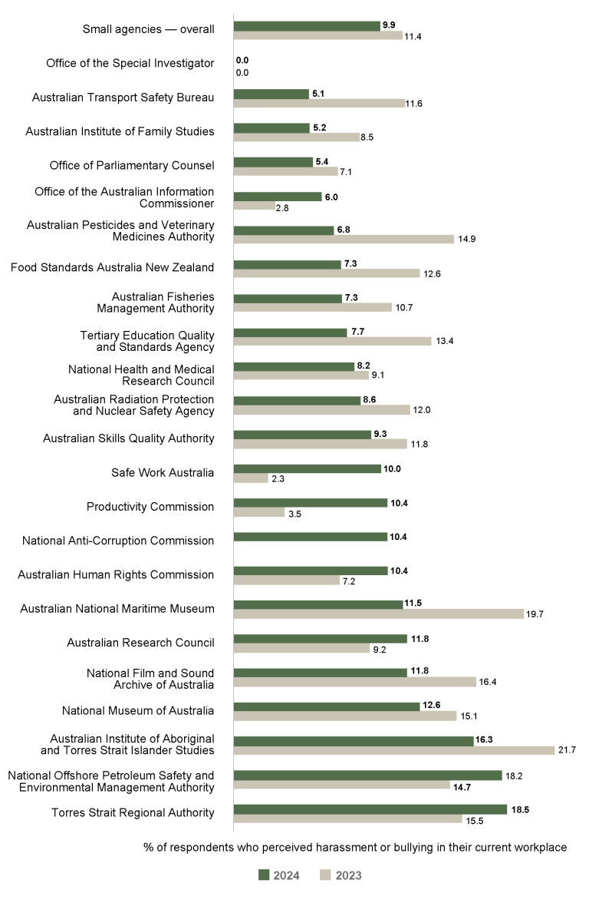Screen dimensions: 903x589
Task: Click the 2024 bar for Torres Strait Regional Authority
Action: point(370,809)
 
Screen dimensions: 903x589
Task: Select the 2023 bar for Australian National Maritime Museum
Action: point(378,614)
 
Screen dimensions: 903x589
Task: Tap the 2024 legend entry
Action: point(278,875)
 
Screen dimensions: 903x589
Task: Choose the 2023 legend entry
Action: point(341,875)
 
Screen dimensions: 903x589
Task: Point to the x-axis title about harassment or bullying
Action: point(354,847)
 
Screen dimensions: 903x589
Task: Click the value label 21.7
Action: point(567,750)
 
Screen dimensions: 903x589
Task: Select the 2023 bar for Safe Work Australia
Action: point(251,478)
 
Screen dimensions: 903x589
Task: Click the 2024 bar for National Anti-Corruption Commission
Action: point(310,537)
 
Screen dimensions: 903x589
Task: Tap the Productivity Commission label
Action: point(150,507)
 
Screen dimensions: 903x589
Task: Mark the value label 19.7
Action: point(535,614)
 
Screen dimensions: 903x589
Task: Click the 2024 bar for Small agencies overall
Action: point(307,25)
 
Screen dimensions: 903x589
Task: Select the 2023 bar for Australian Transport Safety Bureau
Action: point(319,103)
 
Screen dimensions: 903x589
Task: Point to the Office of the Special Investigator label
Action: point(130,63)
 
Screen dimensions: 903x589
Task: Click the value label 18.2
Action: point(515,776)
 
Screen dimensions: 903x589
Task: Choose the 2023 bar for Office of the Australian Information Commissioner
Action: point(254,206)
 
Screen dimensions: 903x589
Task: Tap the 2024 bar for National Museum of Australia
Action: point(326,706)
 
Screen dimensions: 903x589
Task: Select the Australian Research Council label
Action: point(140,643)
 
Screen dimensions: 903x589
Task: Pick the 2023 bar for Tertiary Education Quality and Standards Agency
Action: point(332,342)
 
